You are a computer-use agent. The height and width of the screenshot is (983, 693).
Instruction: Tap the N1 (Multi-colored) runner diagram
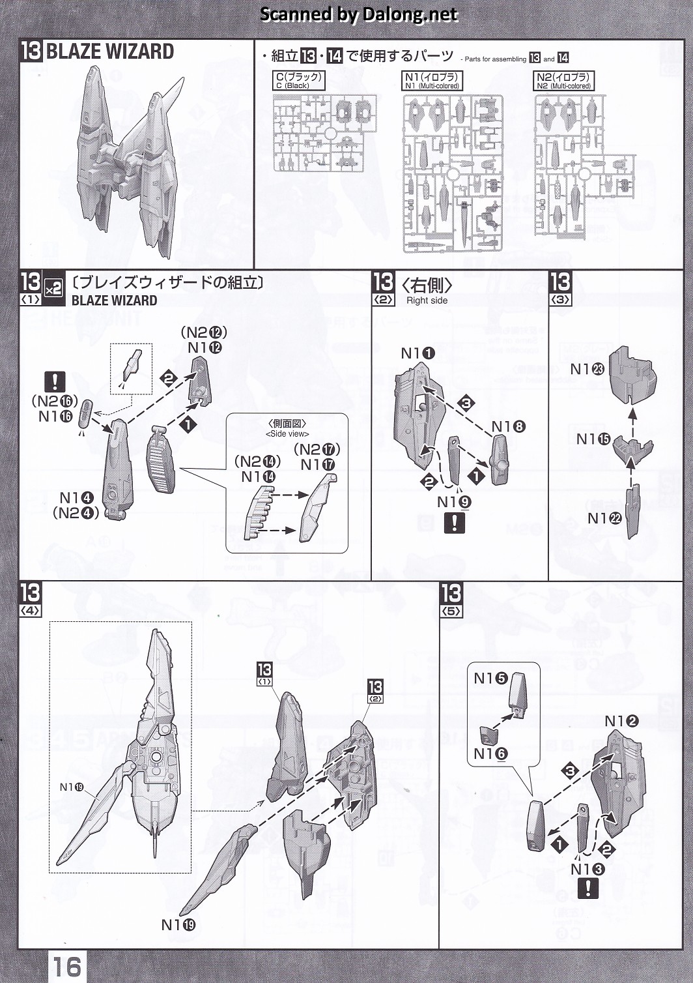click(453, 173)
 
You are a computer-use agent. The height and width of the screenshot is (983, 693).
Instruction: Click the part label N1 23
click(587, 370)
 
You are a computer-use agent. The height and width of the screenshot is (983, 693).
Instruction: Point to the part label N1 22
click(605, 518)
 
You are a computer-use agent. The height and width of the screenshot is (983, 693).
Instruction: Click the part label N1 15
click(593, 439)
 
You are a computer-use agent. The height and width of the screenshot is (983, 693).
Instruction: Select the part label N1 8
click(508, 427)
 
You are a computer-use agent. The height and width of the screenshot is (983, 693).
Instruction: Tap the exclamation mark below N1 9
click(454, 523)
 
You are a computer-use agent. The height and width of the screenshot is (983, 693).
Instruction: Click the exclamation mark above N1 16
click(55, 381)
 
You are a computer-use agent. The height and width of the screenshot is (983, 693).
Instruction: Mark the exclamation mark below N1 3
click(588, 888)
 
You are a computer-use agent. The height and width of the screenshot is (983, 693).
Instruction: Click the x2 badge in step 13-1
click(53, 287)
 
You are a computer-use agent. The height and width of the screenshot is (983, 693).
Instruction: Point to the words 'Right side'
click(427, 301)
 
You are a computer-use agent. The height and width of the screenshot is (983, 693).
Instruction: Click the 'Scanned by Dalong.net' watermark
click(359, 14)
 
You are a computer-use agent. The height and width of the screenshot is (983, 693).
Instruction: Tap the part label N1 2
click(621, 721)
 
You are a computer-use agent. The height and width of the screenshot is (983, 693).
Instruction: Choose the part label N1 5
click(490, 679)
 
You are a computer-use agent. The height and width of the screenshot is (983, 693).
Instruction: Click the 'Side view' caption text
click(287, 434)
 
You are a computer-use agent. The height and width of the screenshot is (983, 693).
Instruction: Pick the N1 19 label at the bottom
click(178, 925)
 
